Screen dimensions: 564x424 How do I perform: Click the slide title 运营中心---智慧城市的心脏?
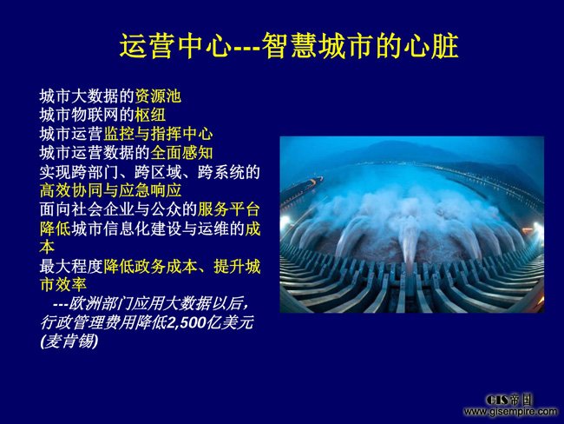click(289, 46)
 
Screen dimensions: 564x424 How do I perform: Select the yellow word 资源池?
click(158, 96)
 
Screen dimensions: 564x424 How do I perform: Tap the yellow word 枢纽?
click(150, 115)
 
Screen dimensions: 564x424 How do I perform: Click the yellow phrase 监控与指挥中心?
click(158, 134)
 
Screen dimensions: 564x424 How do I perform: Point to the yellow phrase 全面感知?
click(181, 153)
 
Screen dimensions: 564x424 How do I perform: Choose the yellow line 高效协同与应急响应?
click(111, 190)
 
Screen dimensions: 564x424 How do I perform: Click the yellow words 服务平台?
click(229, 209)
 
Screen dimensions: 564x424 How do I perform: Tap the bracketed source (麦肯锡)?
click(69, 341)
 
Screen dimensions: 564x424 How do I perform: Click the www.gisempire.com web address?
click(510, 411)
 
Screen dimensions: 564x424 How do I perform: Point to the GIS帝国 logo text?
click(508, 400)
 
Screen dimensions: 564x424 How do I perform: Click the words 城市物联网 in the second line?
click(79, 115)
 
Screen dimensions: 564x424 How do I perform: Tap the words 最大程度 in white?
click(71, 267)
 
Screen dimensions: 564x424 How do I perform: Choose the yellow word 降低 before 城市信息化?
click(56, 229)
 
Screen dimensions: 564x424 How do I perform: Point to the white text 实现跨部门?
click(79, 172)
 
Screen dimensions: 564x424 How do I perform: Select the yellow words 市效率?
click(63, 285)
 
